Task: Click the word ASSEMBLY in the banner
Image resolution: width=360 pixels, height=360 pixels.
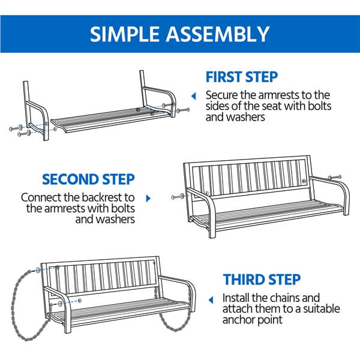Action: [x=218, y=34]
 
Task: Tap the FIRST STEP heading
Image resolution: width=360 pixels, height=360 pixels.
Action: [x=242, y=77]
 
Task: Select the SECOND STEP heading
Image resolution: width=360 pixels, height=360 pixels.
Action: [x=88, y=179]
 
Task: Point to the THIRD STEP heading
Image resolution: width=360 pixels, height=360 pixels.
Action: [x=262, y=280]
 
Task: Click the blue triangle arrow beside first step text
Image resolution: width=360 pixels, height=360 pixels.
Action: [x=194, y=96]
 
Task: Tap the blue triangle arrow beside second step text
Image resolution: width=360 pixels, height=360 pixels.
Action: [x=148, y=199]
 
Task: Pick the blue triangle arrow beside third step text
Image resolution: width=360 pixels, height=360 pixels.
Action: [x=211, y=300]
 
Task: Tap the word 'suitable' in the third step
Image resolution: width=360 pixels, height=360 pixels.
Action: [x=322, y=309]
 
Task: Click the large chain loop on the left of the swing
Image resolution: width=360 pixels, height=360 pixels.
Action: [x=14, y=305]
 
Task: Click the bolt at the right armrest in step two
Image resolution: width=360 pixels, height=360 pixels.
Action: [x=335, y=178]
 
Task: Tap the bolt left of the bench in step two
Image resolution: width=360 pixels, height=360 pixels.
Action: [x=178, y=197]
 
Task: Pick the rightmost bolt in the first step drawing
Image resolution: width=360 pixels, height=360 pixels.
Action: [x=183, y=110]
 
